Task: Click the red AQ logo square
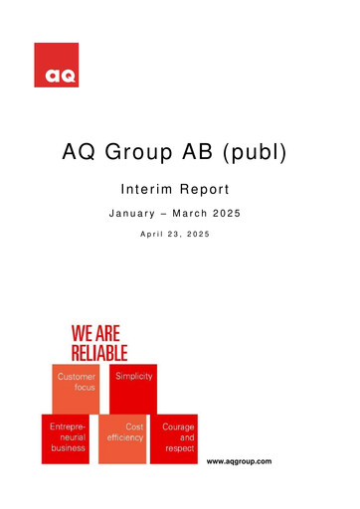pos(56,66)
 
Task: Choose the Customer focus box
pos(77,387)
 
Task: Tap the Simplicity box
pos(132,387)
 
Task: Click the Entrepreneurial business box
pos(67,438)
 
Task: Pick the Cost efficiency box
pos(122,438)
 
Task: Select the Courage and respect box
pos(176,438)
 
